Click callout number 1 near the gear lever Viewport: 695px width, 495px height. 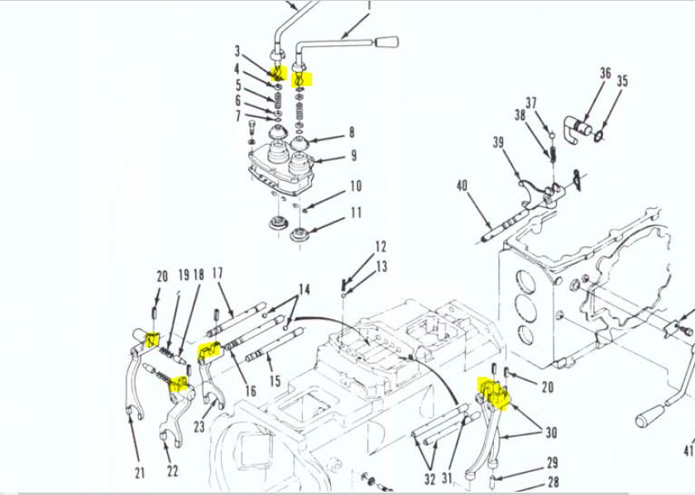click(368, 7)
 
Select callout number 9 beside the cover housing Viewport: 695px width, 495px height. click(352, 155)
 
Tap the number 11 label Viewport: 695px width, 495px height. click(356, 212)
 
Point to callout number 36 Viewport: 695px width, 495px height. click(606, 74)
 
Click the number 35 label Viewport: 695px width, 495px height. click(623, 81)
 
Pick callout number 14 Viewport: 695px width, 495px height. click(304, 290)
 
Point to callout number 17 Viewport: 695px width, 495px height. click(218, 273)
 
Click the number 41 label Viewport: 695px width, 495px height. click(688, 450)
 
